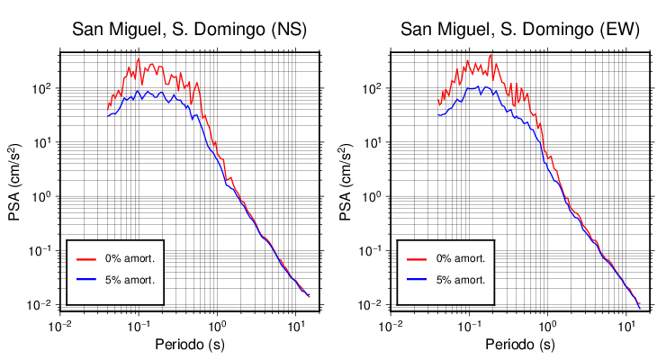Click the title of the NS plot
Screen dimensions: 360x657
(190, 30)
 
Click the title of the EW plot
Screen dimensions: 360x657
(519, 30)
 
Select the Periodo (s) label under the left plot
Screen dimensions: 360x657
(190, 345)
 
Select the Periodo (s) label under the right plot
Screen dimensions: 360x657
(519, 345)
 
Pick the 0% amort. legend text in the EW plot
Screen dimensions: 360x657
(460, 258)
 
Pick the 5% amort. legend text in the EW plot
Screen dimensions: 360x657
(460, 280)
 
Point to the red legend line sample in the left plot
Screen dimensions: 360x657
(85, 258)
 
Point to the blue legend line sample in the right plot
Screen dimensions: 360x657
(416, 280)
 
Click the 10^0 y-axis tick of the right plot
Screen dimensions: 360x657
(373, 197)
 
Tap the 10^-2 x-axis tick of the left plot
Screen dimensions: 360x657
(59, 325)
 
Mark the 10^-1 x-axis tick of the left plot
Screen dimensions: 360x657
(138, 325)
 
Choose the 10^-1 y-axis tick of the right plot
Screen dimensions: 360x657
(372, 251)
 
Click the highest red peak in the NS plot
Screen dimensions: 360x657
(139, 58)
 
